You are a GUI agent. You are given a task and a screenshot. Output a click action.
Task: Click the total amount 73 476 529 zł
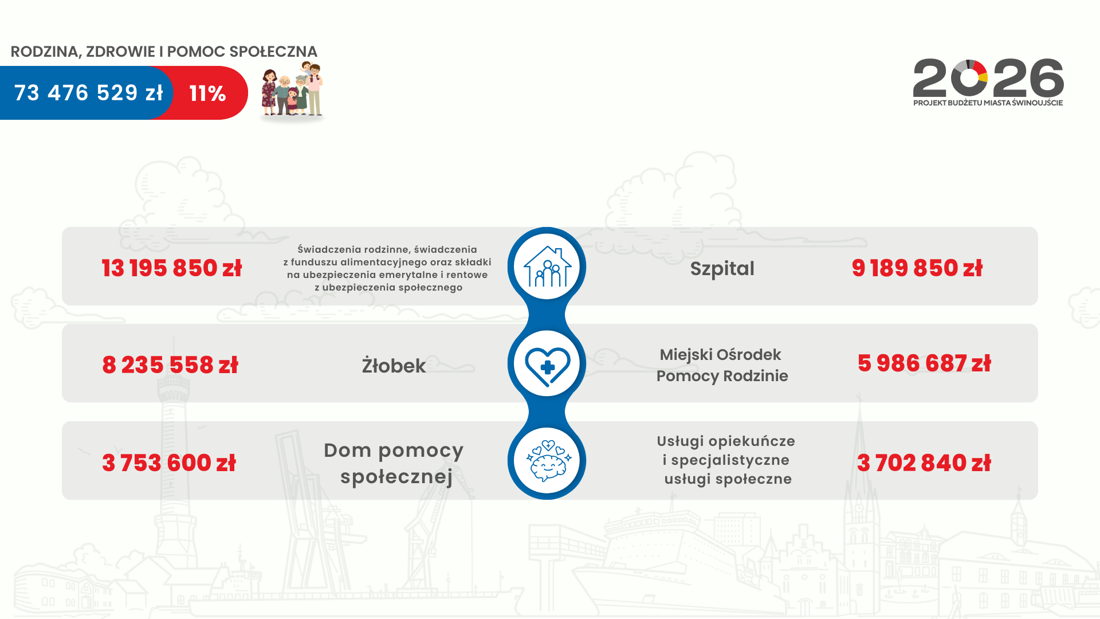click(88, 93)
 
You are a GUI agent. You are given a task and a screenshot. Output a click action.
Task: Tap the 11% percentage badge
click(207, 93)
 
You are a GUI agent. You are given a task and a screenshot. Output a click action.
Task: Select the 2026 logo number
click(988, 78)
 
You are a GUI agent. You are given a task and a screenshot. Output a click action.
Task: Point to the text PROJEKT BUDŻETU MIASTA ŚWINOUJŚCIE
click(988, 103)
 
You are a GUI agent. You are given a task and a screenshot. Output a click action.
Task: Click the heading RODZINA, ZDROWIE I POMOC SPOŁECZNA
click(164, 52)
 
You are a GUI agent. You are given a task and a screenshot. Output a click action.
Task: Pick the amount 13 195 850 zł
click(172, 268)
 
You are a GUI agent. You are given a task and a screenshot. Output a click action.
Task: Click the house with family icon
click(547, 267)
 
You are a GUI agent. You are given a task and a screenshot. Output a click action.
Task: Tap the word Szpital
click(722, 269)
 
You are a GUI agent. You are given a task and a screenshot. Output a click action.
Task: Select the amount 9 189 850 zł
click(917, 268)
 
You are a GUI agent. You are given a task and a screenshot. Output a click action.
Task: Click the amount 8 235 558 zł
click(170, 365)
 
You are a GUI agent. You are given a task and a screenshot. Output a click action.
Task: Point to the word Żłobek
click(394, 366)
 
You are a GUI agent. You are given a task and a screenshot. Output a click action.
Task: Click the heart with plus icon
click(547, 366)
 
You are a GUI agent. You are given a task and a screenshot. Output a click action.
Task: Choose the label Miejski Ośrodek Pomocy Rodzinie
click(722, 365)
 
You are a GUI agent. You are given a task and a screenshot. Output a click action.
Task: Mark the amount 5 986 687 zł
click(924, 363)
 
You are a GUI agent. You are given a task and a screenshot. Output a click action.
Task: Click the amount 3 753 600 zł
click(169, 463)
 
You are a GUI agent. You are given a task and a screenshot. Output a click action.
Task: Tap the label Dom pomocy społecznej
click(394, 463)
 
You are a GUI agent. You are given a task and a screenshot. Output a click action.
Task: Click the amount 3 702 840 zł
click(924, 463)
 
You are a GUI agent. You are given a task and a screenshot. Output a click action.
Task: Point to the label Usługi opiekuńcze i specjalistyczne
click(726, 450)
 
